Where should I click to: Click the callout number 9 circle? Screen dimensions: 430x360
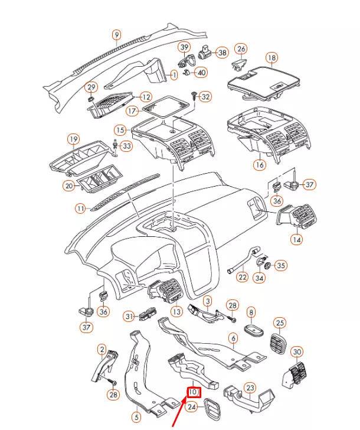pos(116,35)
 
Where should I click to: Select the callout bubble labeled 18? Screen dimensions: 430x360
pos(271,58)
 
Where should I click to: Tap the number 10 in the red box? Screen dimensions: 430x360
pos(194,392)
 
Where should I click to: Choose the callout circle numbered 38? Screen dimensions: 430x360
pos(222,53)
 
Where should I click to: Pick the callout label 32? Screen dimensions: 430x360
pos(205,96)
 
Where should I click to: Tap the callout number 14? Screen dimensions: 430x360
pos(296,240)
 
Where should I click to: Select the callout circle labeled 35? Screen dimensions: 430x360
pos(281,265)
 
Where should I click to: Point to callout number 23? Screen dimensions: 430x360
pos(250,387)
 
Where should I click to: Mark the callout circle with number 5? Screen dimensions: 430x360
pos(137,418)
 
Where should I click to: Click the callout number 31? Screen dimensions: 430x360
pos(130,317)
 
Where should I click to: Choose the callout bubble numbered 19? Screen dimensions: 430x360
pos(73,139)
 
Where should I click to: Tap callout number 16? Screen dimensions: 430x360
pos(260,165)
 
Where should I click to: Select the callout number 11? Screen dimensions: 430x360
pos(81,208)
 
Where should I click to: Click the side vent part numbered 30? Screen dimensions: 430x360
pos(296,370)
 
